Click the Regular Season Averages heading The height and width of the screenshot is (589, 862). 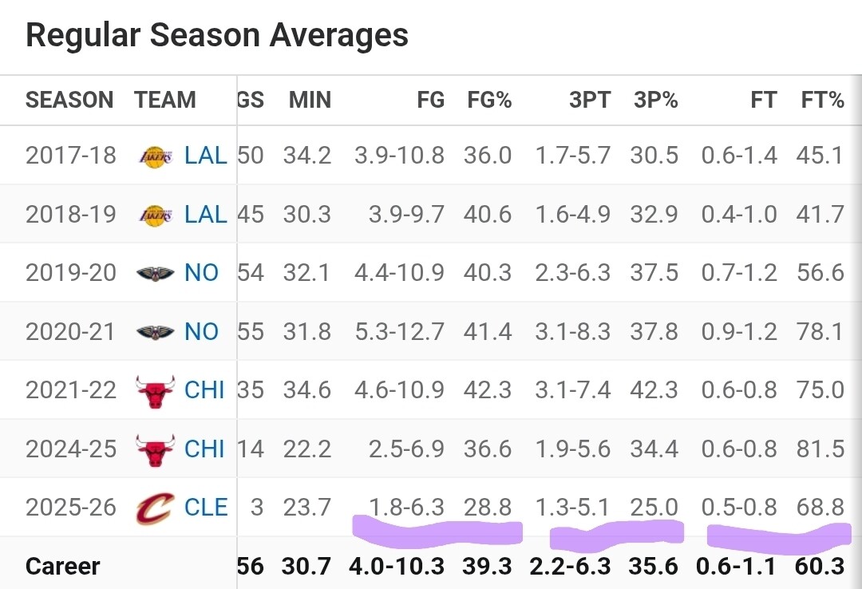tap(216, 36)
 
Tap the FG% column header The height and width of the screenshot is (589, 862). tap(489, 101)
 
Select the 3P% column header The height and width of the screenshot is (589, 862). tap(655, 101)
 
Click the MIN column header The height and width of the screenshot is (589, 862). tap(310, 101)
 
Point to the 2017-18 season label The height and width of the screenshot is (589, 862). tap(70, 155)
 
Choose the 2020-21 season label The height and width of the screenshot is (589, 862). tap(70, 331)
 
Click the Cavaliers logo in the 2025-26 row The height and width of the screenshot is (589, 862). tap(154, 508)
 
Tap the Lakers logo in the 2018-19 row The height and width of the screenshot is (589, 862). tap(154, 214)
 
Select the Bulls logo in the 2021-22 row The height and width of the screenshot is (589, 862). tap(154, 390)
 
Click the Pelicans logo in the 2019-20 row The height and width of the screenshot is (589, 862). tap(154, 273)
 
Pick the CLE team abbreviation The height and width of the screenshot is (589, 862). tap(206, 508)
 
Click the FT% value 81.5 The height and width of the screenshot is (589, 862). tap(820, 449)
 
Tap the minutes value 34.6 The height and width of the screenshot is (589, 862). tap(307, 390)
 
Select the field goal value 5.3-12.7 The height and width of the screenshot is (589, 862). tap(399, 331)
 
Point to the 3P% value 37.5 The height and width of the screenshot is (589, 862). tap(654, 273)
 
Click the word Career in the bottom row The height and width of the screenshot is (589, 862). tap(63, 567)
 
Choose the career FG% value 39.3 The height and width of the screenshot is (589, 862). tap(487, 567)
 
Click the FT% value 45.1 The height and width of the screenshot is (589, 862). tap(820, 155)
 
